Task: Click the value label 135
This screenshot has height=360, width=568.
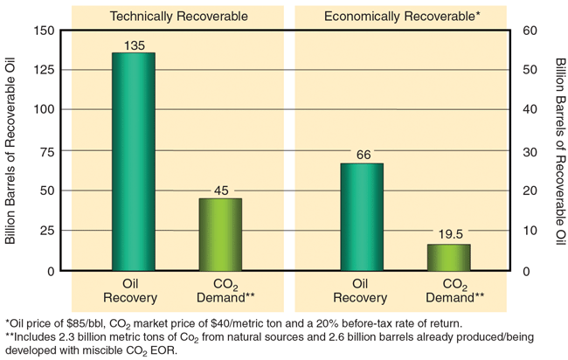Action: pyautogui.click(x=133, y=45)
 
